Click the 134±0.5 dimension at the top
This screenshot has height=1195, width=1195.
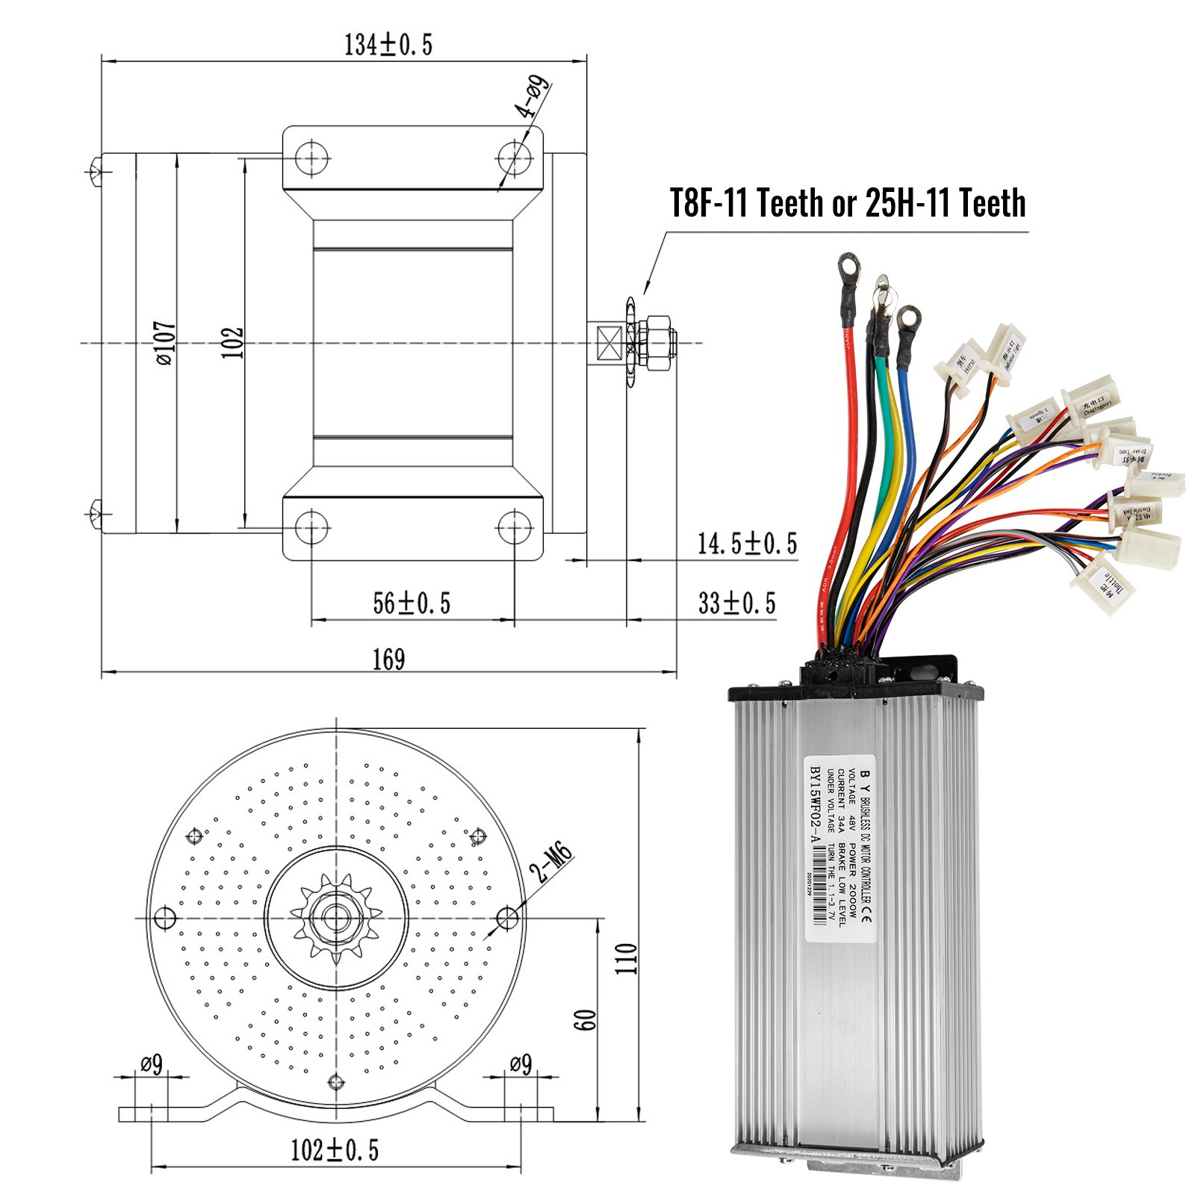[388, 45]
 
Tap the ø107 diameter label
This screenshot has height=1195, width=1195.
[166, 343]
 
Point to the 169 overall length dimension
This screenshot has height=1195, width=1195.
[388, 659]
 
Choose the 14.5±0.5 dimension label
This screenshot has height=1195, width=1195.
[747, 544]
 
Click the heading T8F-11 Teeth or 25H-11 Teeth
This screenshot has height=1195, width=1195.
[847, 203]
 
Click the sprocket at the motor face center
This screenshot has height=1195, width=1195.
[336, 918]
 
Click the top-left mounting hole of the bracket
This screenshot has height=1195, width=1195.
[312, 158]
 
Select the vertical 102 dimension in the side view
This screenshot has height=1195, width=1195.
[232, 343]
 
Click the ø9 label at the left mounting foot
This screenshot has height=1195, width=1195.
[152, 1064]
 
